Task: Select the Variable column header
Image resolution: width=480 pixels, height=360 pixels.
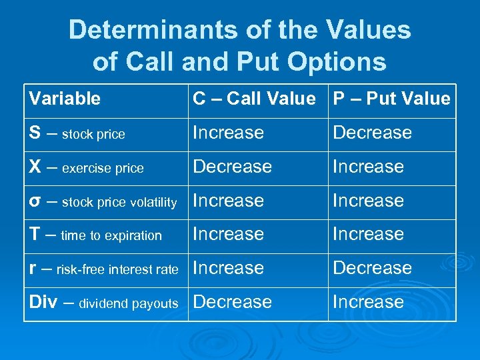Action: [x=65, y=99]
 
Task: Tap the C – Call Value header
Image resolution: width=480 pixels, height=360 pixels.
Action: [x=254, y=99]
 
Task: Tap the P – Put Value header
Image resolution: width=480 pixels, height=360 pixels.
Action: [x=391, y=99]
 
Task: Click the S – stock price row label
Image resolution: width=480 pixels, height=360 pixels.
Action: [x=77, y=133]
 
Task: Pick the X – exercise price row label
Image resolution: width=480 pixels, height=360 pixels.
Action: [x=86, y=167]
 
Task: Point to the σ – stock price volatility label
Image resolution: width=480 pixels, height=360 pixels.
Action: [x=103, y=201]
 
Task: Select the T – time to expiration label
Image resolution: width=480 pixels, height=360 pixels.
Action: [x=95, y=235]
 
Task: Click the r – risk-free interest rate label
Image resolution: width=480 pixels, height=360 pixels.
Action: [x=103, y=269]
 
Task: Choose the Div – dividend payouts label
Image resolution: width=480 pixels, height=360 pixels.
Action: [x=103, y=303]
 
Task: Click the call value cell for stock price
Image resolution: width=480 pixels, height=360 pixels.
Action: [x=228, y=133]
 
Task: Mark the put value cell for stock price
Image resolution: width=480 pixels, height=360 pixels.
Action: [x=372, y=133]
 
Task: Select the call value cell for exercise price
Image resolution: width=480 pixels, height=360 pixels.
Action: [x=232, y=167]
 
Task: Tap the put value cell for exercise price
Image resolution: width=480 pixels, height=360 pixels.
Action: [x=368, y=167]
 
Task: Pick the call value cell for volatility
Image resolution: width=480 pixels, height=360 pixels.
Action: [x=228, y=201]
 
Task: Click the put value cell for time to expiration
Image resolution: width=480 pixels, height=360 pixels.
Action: [x=368, y=234]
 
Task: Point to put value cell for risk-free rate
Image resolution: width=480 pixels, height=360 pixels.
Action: [x=372, y=268]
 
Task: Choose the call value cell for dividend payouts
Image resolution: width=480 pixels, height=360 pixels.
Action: [x=232, y=302]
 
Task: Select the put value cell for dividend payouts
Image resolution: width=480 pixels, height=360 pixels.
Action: [x=368, y=302]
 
